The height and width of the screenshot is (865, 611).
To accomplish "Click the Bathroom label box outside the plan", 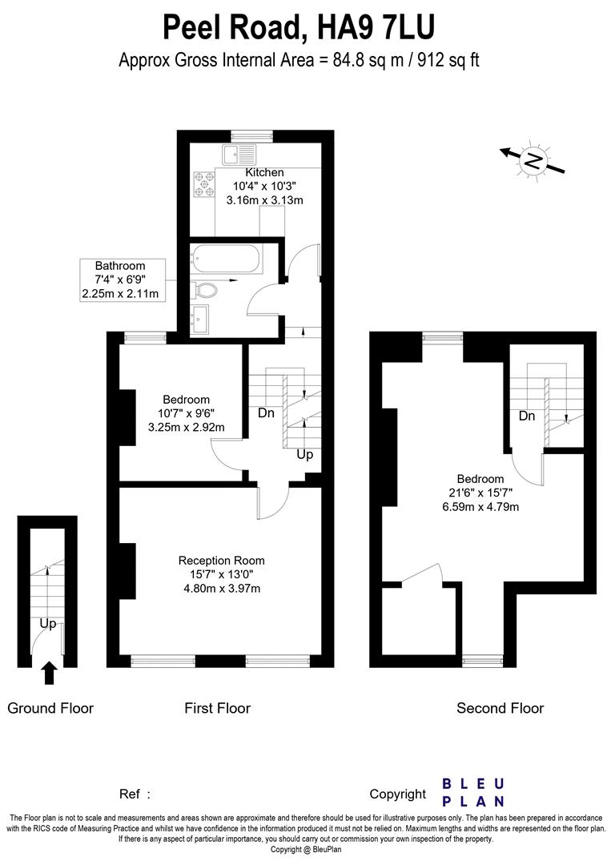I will click(x=120, y=280).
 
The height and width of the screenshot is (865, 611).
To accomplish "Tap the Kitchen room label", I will click(x=264, y=172).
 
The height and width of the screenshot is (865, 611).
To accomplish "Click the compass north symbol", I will click(x=533, y=160).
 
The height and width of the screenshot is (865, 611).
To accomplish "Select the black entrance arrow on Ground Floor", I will click(x=49, y=672).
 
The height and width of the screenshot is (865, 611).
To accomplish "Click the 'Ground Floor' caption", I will click(x=50, y=708).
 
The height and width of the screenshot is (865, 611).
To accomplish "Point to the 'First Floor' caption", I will click(x=217, y=708).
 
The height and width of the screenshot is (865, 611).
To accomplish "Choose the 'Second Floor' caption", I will click(x=500, y=708).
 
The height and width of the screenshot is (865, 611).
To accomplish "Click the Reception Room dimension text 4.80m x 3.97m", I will click(x=222, y=589).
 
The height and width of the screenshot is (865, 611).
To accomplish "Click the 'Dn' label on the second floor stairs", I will click(x=527, y=416).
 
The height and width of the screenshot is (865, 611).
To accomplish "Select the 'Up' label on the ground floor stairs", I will click(x=47, y=623).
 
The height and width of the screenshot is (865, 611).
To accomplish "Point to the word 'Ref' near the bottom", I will click(x=130, y=795).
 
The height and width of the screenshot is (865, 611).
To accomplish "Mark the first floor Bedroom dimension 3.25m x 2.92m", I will click(x=186, y=428).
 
